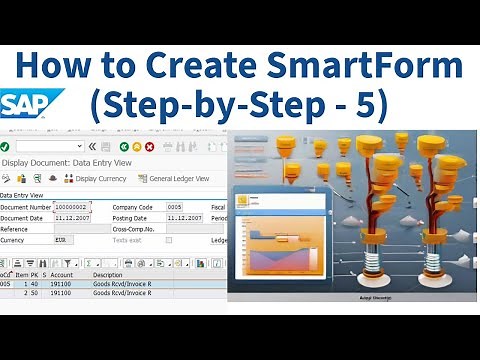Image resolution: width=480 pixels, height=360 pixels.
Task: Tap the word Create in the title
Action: pos(201,67)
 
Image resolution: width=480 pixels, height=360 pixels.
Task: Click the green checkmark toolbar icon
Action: pos(6,146)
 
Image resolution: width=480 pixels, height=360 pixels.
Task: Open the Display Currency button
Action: pos(95,179)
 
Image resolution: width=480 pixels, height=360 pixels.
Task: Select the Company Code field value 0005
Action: pos(175,206)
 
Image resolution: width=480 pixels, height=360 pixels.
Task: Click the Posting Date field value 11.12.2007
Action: pos(185,217)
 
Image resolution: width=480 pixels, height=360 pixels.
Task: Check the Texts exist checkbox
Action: pos(169,240)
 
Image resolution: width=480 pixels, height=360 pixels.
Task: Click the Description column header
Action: pos(108,274)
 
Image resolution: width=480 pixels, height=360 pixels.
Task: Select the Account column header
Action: pos(62,274)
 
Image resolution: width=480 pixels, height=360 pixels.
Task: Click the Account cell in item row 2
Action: pos(61,294)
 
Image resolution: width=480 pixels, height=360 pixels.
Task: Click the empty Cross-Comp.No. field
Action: pos(185,229)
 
